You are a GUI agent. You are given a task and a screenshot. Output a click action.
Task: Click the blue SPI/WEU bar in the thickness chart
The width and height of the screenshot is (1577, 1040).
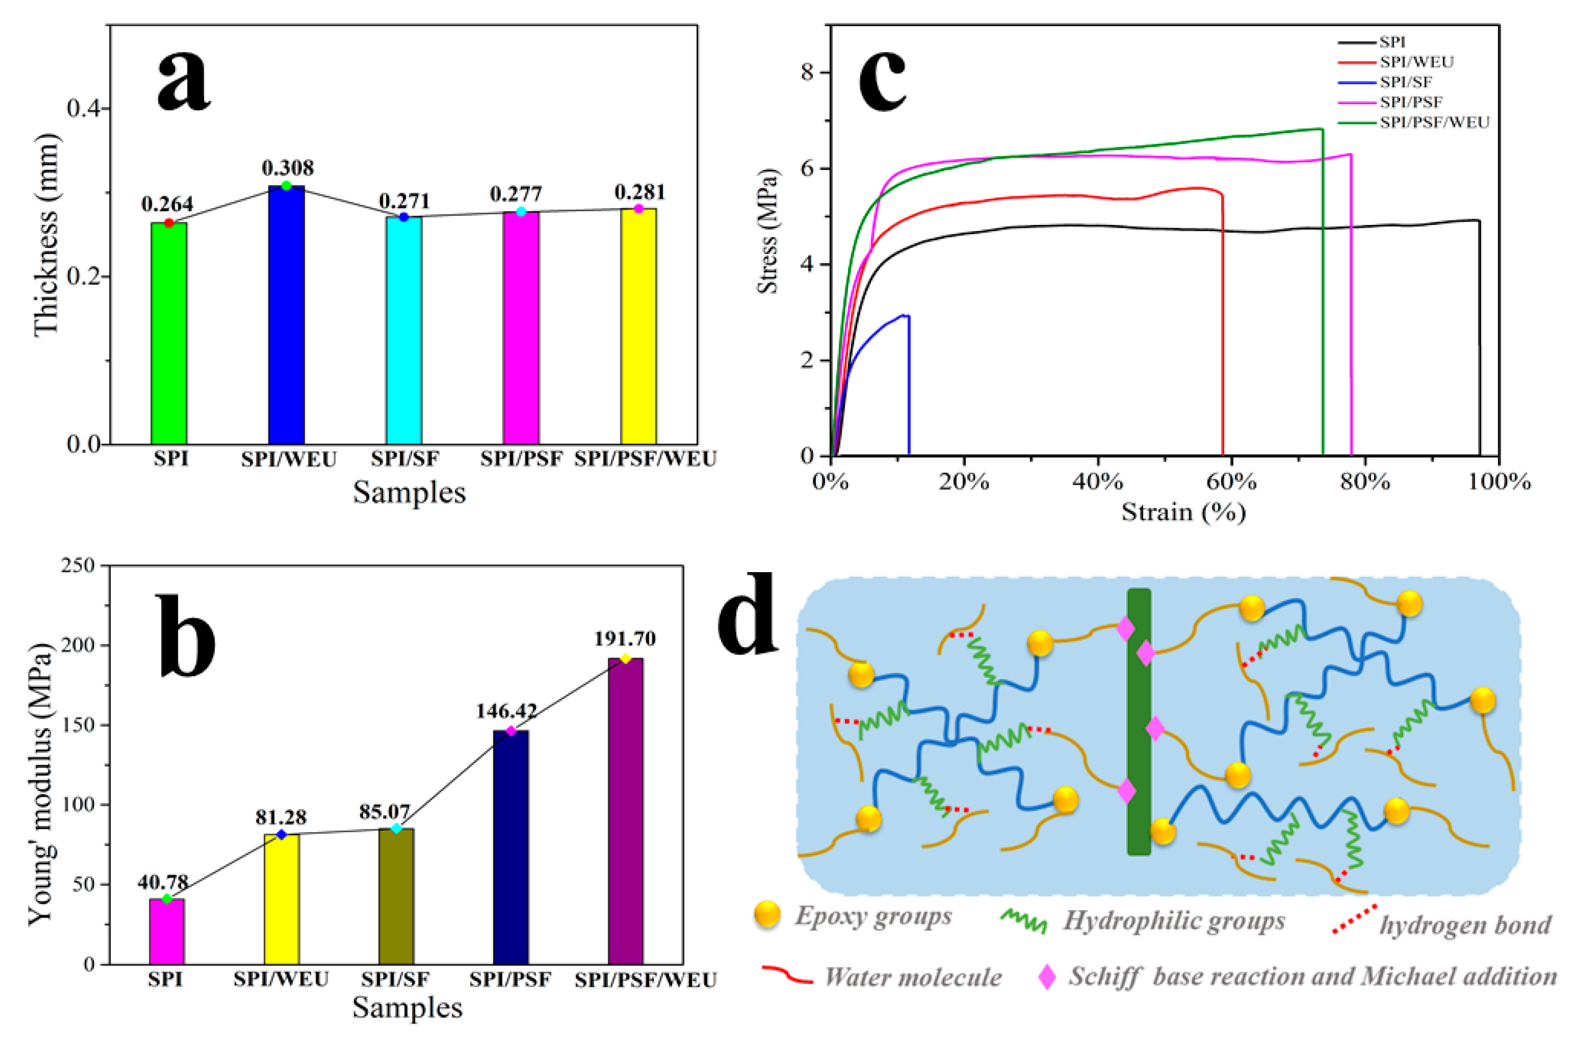tap(286, 315)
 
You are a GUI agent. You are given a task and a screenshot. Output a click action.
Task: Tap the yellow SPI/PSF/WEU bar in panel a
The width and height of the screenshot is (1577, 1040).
tap(638, 326)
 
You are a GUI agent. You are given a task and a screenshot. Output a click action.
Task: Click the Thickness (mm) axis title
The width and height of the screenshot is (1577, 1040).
tap(46, 235)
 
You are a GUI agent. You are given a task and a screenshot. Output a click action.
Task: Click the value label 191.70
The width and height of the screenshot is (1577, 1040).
tap(624, 639)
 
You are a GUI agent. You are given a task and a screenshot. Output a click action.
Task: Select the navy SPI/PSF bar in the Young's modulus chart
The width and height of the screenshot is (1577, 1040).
tap(511, 847)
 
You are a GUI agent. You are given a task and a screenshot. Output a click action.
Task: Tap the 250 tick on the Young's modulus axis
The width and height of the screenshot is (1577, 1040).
tap(78, 566)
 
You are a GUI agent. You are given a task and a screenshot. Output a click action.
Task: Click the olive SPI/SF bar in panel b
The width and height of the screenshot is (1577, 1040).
tap(396, 896)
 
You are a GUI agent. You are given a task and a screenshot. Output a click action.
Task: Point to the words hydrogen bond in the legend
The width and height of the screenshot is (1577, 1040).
tap(1465, 925)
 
